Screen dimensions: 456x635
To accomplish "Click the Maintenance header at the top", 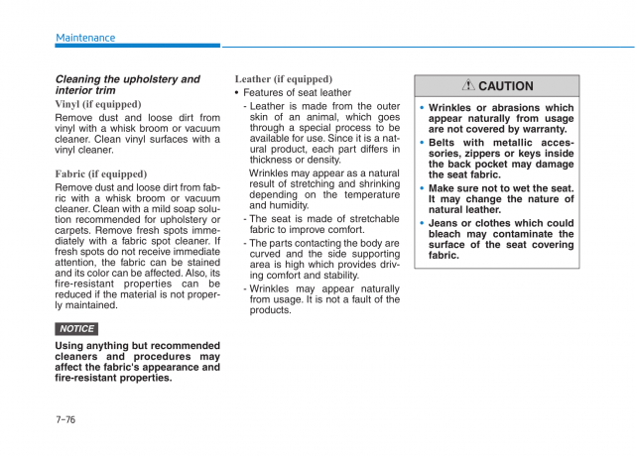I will point(85,38).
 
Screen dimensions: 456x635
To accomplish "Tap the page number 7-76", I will point(65,419).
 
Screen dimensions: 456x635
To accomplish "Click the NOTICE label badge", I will point(76,328).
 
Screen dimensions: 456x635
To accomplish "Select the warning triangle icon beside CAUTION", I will point(467,86).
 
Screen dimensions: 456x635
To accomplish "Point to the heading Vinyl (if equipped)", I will point(98,104).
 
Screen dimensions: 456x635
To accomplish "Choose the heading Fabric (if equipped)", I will point(101,173).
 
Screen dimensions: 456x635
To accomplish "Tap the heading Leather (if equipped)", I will point(283,79).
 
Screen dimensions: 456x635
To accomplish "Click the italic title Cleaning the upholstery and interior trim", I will point(127,84).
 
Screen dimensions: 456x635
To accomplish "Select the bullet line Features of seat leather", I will point(297,92).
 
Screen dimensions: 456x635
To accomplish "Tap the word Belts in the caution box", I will point(444,143).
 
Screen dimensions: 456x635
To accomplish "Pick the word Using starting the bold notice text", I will point(71,346).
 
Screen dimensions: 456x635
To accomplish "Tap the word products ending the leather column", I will point(271,310).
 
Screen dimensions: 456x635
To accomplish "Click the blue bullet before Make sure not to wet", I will point(421,188).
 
